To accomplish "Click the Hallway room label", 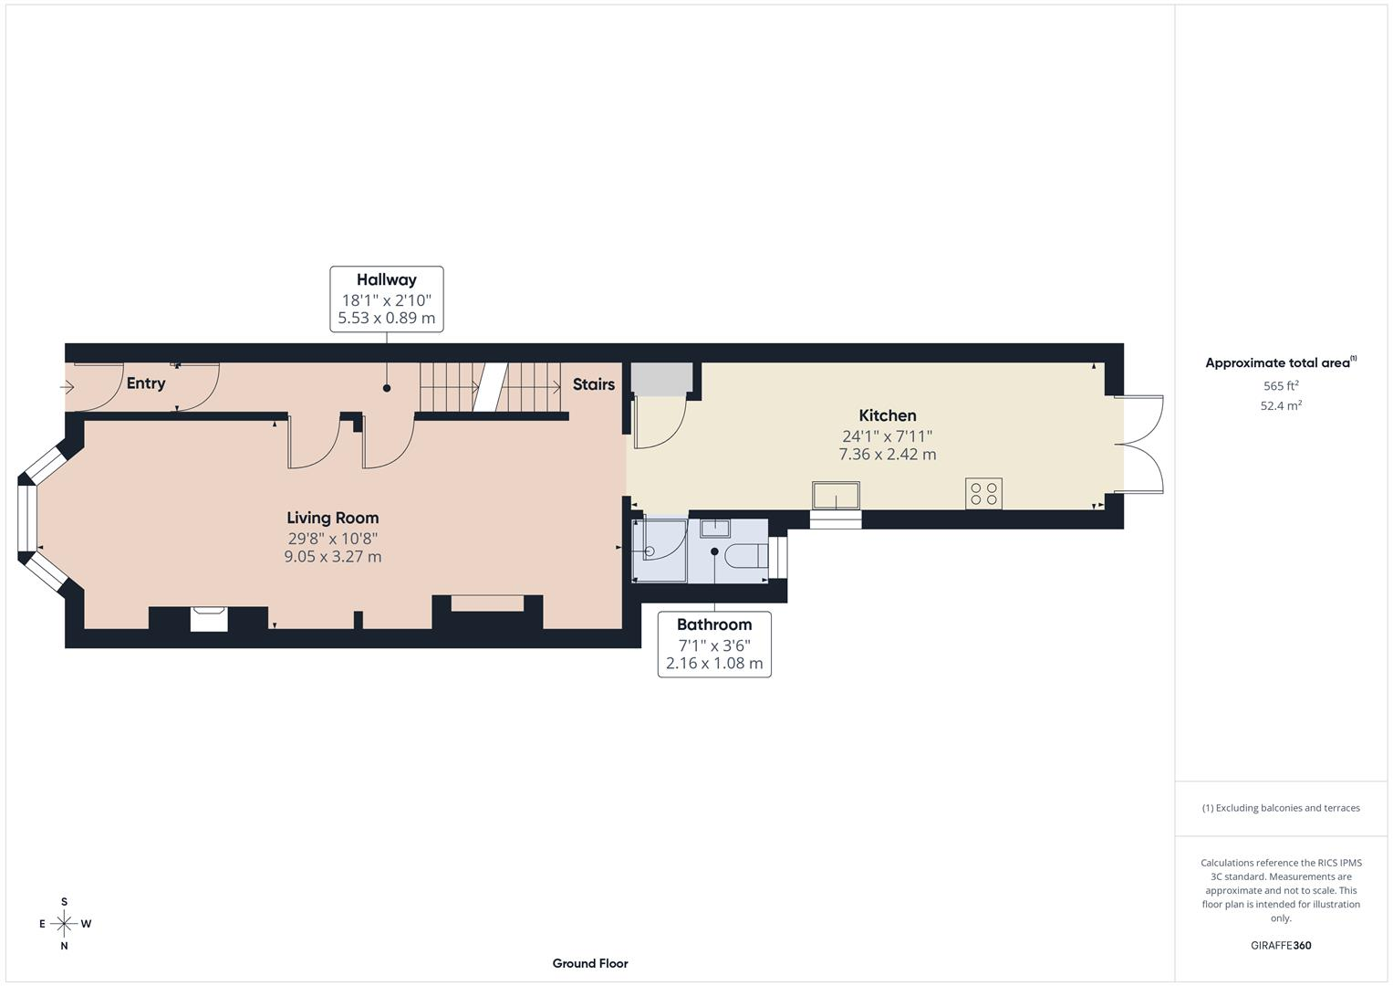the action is tap(386, 280).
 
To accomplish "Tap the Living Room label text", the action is tap(333, 518).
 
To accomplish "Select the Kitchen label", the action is tap(888, 415).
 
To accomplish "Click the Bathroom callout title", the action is tap(714, 624).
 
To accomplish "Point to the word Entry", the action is tap(146, 383).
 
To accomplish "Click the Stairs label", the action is tap(594, 384).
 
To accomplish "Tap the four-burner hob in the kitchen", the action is tap(983, 494).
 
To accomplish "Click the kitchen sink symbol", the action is tap(836, 496).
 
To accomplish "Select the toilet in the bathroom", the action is tap(747, 555).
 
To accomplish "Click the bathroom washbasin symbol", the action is tap(715, 528).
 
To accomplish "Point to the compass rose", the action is tap(64, 924).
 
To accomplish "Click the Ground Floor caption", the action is tap(590, 963).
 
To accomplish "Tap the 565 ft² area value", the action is tap(1281, 386).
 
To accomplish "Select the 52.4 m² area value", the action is tap(1281, 406).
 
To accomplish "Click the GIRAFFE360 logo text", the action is tap(1281, 945).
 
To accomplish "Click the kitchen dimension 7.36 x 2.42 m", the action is tap(888, 455).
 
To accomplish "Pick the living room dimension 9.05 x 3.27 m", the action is tap(333, 557).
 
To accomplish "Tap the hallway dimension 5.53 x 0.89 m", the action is tap(386, 318).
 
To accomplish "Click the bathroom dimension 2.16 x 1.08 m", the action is tap(714, 663).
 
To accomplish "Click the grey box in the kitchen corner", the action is tap(661, 379).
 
